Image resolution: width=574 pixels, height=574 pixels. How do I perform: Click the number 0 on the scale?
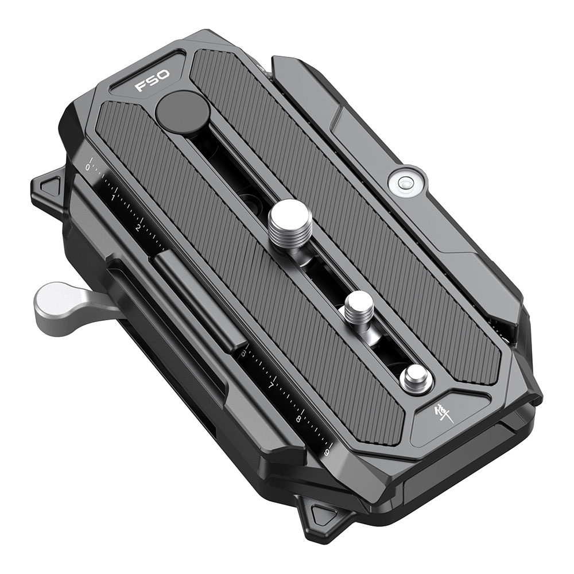pyautogui.click(x=88, y=167)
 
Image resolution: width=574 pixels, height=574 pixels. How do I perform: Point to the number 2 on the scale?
pyautogui.click(x=138, y=228)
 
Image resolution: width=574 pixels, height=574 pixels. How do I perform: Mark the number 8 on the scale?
pyautogui.click(x=299, y=418)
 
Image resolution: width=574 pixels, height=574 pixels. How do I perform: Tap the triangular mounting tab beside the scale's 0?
pyautogui.click(x=49, y=188)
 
